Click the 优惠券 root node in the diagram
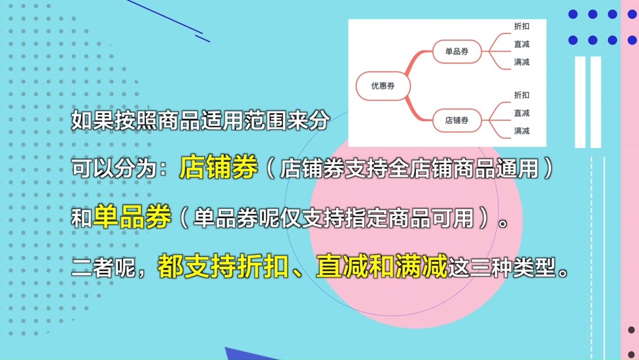[x=383, y=86]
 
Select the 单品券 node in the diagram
[x=457, y=52]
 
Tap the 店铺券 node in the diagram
[x=457, y=120]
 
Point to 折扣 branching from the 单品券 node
[x=522, y=26]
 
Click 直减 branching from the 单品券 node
[x=522, y=44]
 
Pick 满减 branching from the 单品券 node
[x=522, y=62]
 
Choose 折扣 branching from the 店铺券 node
[x=522, y=95]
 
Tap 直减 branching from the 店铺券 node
[x=522, y=113]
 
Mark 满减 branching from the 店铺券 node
[x=522, y=131]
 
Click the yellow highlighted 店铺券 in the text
[x=219, y=168]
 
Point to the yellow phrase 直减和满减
[x=382, y=268]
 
